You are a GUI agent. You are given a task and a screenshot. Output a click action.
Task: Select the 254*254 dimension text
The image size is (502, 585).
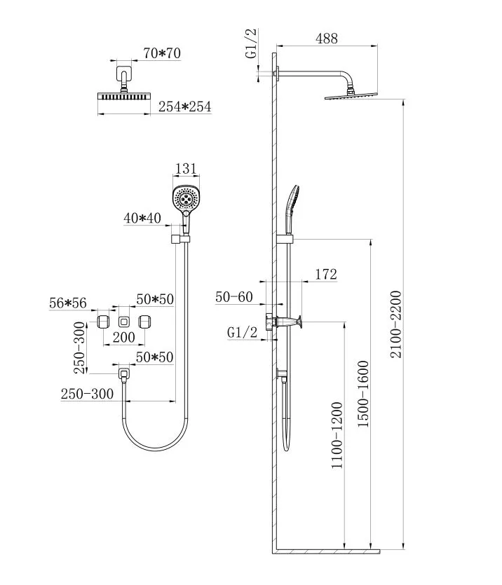184,106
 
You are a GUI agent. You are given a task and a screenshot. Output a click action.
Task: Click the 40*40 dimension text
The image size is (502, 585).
142,218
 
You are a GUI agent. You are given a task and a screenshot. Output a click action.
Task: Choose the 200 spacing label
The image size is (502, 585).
123,338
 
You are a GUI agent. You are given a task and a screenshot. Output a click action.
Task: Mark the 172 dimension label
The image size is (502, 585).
326,274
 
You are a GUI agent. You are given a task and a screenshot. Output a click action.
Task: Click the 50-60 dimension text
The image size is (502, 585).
233,297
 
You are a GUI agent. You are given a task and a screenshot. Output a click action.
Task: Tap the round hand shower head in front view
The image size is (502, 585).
186,198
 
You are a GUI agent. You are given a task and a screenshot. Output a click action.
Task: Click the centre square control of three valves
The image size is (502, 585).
124,322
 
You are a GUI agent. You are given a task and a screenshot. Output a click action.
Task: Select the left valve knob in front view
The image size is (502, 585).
102,322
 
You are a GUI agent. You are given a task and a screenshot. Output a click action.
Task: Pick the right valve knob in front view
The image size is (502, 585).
146,322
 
